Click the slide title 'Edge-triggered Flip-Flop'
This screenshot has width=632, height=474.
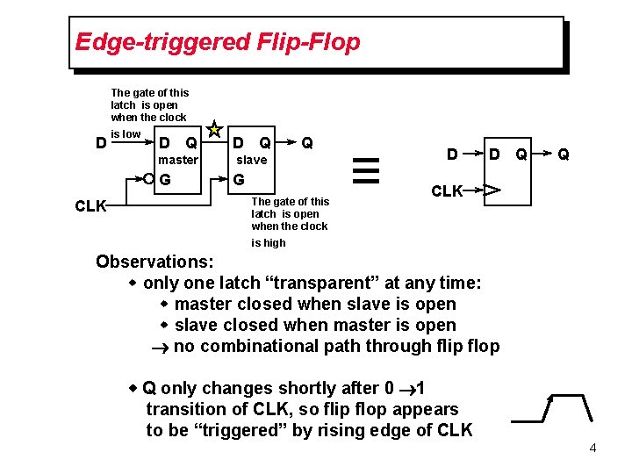coord(218,42)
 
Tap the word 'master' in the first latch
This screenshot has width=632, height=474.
coord(178,160)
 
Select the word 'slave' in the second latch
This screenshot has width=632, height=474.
coord(251,160)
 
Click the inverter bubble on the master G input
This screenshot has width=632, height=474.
coord(148,180)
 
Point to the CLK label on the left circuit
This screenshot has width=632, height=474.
coord(90,207)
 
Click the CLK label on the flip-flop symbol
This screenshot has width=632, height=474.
coord(447,191)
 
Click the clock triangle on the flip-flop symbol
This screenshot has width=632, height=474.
coord(492,190)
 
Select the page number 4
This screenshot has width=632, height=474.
coord(593,449)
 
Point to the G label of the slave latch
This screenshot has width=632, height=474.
coord(239,181)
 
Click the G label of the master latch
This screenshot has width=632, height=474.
coord(165,181)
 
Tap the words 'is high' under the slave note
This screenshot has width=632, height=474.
coord(268,243)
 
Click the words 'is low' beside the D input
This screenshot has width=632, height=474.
coord(126,134)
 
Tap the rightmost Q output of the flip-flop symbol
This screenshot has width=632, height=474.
coord(564,155)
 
